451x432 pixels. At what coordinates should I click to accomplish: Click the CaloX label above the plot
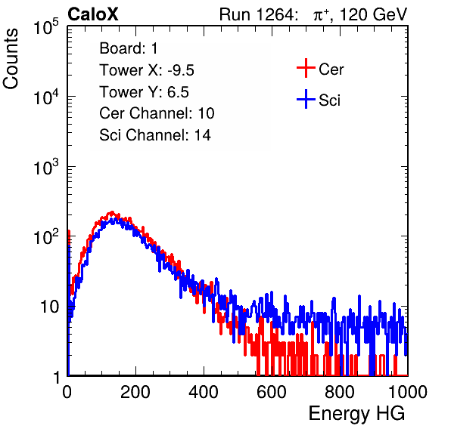coord(93,14)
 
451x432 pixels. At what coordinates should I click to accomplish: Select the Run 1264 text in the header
coord(257,14)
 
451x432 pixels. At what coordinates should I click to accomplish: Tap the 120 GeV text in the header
coord(374,14)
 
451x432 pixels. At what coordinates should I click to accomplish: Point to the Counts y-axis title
coord(11,59)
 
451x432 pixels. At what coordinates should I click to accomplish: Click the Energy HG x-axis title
coord(356,414)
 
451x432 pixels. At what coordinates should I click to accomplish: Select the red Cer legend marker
coord(306,68)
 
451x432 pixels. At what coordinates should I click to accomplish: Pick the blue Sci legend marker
coord(306,99)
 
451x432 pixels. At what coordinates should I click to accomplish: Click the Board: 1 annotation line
coord(129,48)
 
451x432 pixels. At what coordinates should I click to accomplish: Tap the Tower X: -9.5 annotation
coord(147,70)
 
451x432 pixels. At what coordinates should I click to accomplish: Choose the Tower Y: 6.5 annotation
coord(144,92)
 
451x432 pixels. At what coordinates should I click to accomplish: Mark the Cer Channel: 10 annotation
coord(157,113)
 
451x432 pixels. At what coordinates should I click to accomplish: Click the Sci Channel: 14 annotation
coord(155,135)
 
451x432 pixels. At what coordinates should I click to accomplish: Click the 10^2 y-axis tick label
coord(46,236)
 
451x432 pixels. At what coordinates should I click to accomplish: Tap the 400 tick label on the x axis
coord(204,392)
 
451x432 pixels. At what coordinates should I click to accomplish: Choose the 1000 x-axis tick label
coord(408,392)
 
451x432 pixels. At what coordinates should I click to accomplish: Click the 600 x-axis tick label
coord(272,392)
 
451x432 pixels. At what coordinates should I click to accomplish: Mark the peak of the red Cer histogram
coord(112,213)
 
